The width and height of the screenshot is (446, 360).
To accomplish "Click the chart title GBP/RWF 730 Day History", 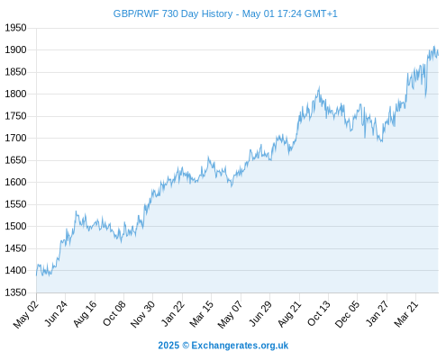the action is (x=173, y=13).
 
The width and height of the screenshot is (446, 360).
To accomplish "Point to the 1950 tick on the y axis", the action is (x=15, y=28).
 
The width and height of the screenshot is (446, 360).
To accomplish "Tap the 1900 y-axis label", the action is (x=15, y=49).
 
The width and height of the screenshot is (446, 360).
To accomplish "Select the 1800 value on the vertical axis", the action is (x=15, y=94).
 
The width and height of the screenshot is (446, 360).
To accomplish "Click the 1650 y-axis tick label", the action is (x=15, y=160).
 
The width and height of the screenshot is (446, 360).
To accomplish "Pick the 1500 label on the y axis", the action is (x=15, y=226).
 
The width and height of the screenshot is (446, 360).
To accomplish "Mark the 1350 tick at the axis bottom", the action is (x=15, y=292).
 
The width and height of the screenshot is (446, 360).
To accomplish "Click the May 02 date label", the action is (x=26, y=314).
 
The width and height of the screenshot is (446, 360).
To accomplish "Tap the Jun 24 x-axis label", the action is (x=56, y=313).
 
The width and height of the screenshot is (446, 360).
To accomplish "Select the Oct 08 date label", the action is (x=114, y=313).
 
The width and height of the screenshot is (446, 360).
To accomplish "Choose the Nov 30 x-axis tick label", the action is (x=143, y=313).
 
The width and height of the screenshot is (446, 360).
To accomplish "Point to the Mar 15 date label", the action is (x=202, y=313).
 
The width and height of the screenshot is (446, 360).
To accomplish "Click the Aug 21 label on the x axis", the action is (x=289, y=313).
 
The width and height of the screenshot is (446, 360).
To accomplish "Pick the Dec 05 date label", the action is (x=347, y=314).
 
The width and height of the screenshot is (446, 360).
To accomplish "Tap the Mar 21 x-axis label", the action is (x=406, y=313).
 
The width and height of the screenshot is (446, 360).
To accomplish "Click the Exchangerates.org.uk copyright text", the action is (x=240, y=346).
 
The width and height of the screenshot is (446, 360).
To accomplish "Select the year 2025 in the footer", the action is (x=168, y=346).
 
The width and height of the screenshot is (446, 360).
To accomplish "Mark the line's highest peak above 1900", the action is (x=434, y=46).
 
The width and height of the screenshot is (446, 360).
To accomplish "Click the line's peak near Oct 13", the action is (x=319, y=87).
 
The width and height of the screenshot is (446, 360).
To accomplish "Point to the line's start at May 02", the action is (x=37, y=275).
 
